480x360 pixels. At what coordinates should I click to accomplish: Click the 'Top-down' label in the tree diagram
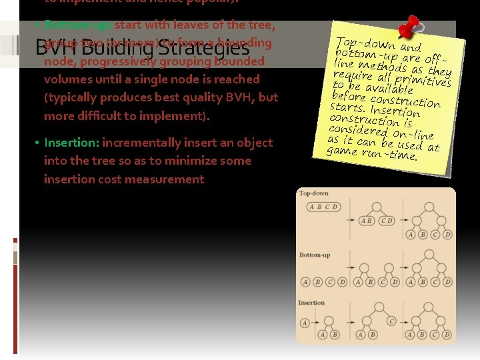coord(314,194)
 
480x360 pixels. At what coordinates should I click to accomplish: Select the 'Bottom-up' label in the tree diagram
coord(315,255)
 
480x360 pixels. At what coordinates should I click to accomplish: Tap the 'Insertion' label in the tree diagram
coord(312,303)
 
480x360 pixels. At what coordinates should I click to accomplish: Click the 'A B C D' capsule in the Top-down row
coord(323,207)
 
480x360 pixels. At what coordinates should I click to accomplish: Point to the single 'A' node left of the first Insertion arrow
coord(305,323)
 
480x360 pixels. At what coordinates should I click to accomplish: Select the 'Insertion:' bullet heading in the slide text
coord(72,143)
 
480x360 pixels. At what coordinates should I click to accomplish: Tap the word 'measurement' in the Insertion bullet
coord(171,179)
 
